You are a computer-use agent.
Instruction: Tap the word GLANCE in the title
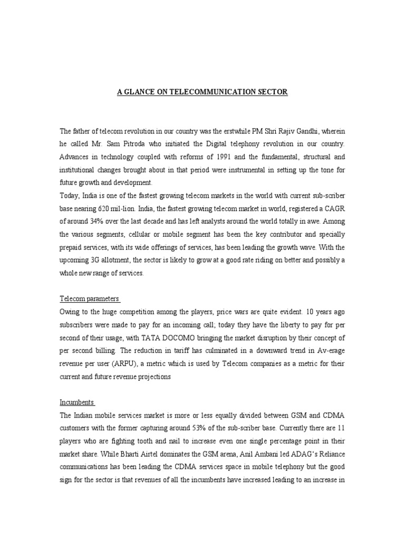coord(143,92)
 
